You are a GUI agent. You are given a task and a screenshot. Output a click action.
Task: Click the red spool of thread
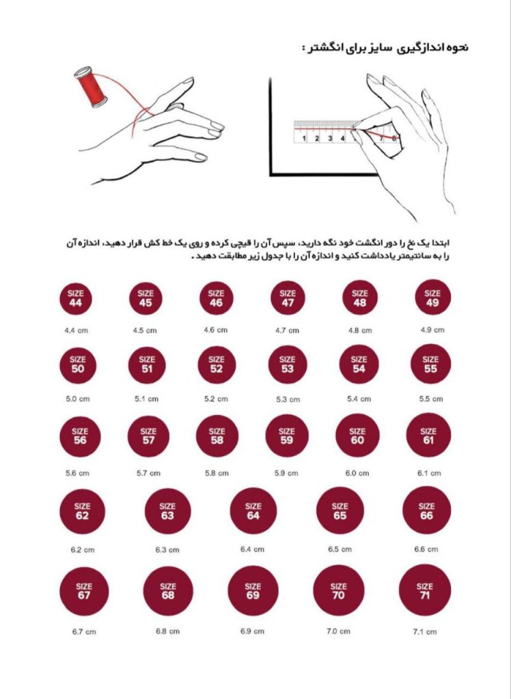click(x=91, y=87)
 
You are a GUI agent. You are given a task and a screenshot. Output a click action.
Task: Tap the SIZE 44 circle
click(x=75, y=298)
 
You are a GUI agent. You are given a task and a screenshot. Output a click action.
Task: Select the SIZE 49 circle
click(x=432, y=298)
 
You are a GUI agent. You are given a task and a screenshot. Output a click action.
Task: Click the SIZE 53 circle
click(x=288, y=365)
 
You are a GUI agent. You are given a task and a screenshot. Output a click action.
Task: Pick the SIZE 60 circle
click(x=357, y=436)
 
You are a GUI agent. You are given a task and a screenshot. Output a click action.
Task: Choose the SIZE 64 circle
click(x=253, y=511)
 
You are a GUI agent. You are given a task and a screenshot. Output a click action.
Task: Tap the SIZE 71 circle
click(x=425, y=590)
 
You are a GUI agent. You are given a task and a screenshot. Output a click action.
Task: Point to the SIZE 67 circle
click(x=84, y=591)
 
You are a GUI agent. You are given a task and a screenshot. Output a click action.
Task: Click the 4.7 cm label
click(x=288, y=330)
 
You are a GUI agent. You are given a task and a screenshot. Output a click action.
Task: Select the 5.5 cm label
click(x=430, y=399)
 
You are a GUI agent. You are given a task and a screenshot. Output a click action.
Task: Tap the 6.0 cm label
click(x=357, y=473)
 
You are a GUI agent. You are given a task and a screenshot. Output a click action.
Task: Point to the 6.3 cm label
click(x=167, y=550)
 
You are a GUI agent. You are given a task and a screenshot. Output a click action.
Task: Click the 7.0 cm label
click(x=338, y=631)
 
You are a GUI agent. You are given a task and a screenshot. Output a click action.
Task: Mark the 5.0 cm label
click(x=78, y=399)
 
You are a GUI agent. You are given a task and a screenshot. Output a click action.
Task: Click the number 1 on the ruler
click(x=304, y=138)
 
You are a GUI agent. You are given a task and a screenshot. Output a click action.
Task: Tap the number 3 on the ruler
click(x=330, y=138)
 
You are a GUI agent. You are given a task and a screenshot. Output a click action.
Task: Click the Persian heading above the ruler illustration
click(x=385, y=48)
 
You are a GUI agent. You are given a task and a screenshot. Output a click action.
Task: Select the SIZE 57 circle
click(x=148, y=436)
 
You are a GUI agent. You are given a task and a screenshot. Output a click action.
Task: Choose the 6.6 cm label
click(x=426, y=550)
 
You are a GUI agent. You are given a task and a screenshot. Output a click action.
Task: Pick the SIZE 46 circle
click(x=216, y=298)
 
